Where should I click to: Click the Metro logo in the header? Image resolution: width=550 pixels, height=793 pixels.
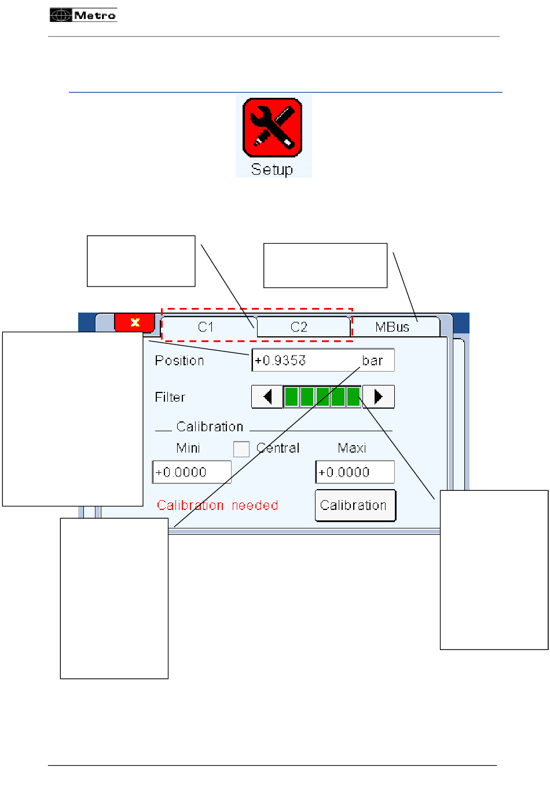[x=83, y=16]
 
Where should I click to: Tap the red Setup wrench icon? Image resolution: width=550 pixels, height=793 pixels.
[x=273, y=127]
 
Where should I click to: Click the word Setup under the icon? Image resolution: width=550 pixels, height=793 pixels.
[x=272, y=170]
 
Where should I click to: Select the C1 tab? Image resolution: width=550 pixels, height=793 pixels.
[x=206, y=327]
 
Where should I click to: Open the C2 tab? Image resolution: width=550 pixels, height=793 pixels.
[x=299, y=327]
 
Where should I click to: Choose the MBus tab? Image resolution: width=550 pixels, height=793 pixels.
[x=393, y=327]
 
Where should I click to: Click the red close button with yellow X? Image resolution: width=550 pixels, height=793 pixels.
[x=135, y=322]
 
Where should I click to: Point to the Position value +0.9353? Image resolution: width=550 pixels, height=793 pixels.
[x=280, y=361]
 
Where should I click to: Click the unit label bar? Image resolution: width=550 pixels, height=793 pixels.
[x=372, y=361]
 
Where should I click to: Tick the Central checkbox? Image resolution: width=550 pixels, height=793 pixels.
[x=241, y=449]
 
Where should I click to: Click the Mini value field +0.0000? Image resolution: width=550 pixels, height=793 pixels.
[x=192, y=472]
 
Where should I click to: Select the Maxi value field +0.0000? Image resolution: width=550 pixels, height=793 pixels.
[x=355, y=472]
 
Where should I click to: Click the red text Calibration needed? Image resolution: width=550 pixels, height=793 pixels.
[x=218, y=505]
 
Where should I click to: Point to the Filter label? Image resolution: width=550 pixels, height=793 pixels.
[x=170, y=397]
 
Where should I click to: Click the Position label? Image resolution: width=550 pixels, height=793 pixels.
[x=179, y=361]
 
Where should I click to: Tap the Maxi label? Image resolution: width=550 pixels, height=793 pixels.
[x=352, y=448]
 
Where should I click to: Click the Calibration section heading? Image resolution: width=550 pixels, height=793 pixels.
[x=210, y=427]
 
